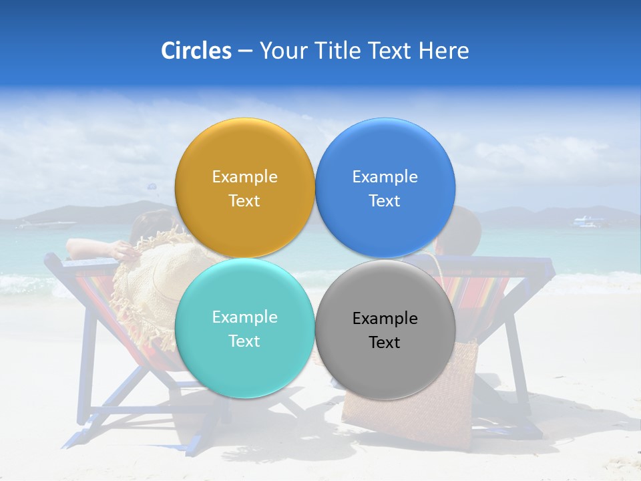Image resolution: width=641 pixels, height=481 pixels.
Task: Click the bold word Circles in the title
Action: click(196, 51)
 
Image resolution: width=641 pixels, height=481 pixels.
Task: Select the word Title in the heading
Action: click(337, 51)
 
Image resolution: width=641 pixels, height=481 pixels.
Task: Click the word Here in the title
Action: click(443, 51)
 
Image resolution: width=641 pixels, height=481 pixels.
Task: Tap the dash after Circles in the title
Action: click(245, 51)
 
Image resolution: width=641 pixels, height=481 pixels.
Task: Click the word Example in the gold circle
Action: click(244, 177)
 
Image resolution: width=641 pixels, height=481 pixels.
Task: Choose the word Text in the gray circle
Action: click(385, 343)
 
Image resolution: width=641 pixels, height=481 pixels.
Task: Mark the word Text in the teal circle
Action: click(244, 341)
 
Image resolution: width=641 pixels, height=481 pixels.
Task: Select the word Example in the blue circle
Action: click(385, 177)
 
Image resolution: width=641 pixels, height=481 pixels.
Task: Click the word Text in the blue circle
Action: click(385, 201)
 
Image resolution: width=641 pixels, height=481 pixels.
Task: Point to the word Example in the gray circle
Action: click(385, 319)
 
